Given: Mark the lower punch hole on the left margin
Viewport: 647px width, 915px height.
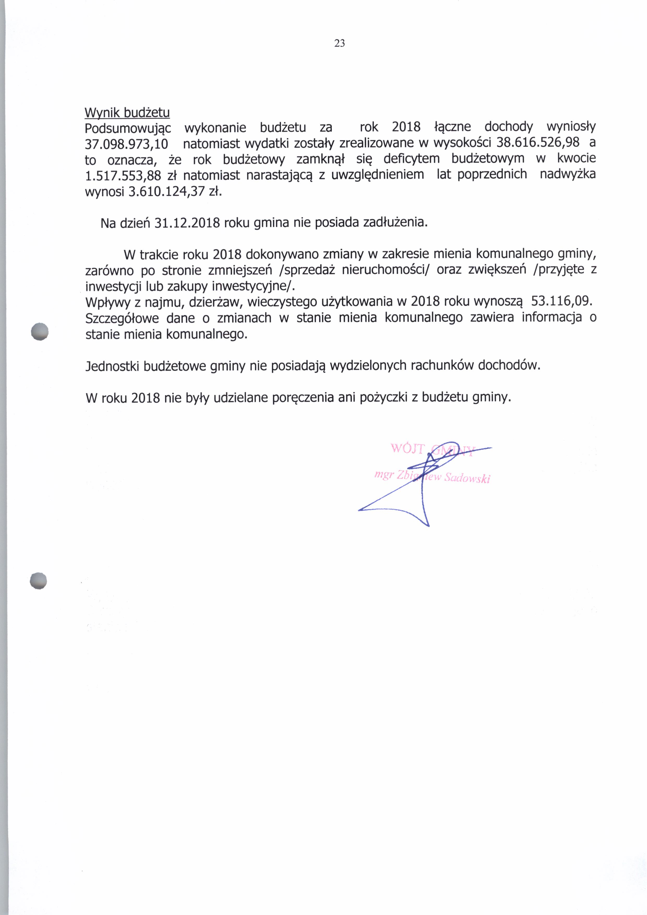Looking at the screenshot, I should tap(38, 581).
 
